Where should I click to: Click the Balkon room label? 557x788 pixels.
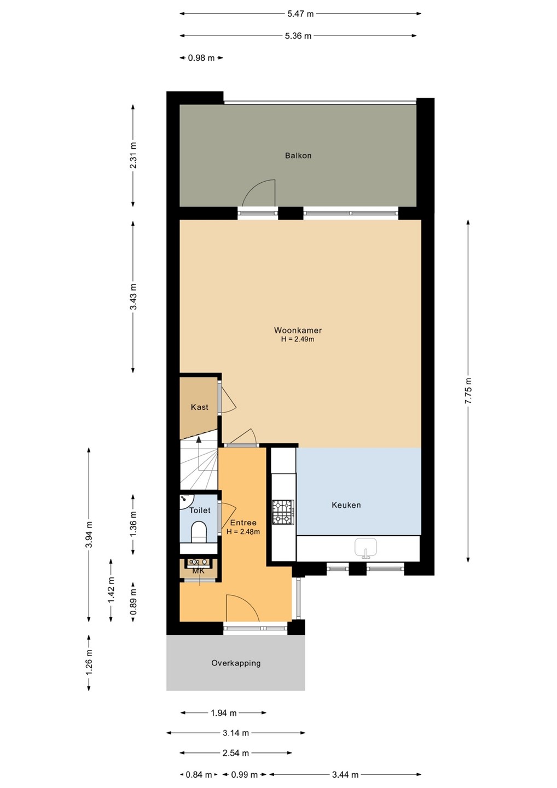(x=298, y=155)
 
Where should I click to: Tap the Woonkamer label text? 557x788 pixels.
(x=298, y=331)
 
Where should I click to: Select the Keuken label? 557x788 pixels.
(x=346, y=505)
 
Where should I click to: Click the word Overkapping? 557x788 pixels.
(x=236, y=663)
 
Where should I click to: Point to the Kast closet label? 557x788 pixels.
(x=199, y=407)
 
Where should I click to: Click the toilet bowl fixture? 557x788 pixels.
(x=199, y=531)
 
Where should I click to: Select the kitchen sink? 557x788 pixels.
(x=365, y=548)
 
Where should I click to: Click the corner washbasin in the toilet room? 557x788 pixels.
(x=187, y=501)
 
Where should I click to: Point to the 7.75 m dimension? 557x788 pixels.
(x=468, y=391)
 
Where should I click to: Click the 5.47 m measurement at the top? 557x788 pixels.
(x=300, y=14)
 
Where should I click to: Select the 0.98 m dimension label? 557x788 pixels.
(x=201, y=58)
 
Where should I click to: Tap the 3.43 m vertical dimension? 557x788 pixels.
(x=133, y=296)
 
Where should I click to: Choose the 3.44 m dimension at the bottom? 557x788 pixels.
(x=345, y=775)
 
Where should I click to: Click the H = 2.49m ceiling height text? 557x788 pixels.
(x=298, y=339)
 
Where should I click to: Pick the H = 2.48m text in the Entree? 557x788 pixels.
(x=243, y=531)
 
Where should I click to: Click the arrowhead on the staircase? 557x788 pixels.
(x=199, y=439)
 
